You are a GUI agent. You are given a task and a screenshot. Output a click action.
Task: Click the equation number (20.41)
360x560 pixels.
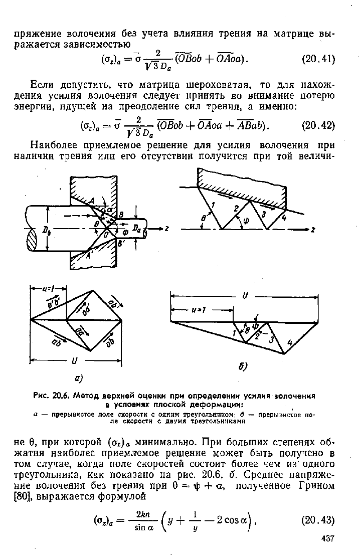pos(318,59)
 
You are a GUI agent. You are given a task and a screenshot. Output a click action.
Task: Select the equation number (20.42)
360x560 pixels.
pos(318,125)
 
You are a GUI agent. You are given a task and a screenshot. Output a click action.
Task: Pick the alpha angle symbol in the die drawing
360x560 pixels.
pos(109,209)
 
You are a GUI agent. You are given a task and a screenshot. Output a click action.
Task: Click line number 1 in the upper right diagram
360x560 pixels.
pos(213,205)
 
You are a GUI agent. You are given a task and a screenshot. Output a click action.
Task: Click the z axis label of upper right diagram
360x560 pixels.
pos(312,230)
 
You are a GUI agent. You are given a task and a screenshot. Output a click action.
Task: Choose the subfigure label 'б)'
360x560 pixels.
pos(243,366)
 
